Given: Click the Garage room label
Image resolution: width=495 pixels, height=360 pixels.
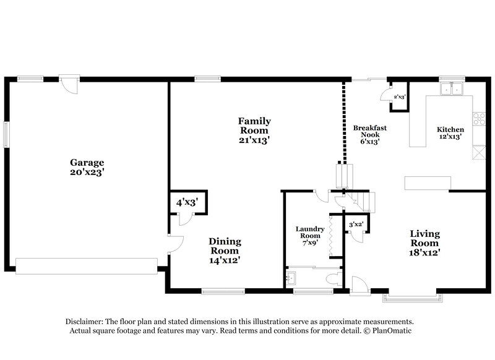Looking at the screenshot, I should (87, 163).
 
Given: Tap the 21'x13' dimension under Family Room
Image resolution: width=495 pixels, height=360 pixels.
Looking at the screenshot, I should (254, 140).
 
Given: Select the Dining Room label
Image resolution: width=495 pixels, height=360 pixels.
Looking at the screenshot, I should (225, 246).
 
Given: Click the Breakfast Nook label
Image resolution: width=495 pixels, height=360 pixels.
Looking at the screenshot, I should (370, 131).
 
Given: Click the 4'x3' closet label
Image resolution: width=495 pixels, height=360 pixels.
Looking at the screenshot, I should (187, 202).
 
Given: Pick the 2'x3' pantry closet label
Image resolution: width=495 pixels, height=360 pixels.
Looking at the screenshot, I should (398, 97).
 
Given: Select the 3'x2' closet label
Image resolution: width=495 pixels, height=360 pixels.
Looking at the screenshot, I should (356, 224).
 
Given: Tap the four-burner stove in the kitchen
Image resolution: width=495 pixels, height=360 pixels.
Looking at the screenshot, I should (479, 118).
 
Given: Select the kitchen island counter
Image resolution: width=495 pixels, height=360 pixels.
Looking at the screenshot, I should (428, 182).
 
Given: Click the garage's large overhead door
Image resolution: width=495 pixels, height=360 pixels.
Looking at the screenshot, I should (86, 266).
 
